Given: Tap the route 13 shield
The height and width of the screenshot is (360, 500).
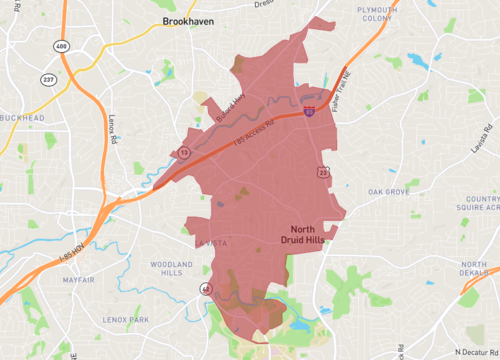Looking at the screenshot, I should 184,152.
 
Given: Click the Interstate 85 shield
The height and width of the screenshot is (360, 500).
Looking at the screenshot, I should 312,113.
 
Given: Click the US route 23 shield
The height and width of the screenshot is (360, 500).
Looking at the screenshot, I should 322,173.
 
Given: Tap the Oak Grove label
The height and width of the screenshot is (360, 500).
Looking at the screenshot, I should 388,191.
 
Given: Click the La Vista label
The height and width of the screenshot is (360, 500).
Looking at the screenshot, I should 213,243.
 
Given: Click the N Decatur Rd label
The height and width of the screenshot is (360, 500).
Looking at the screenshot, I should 474,351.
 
